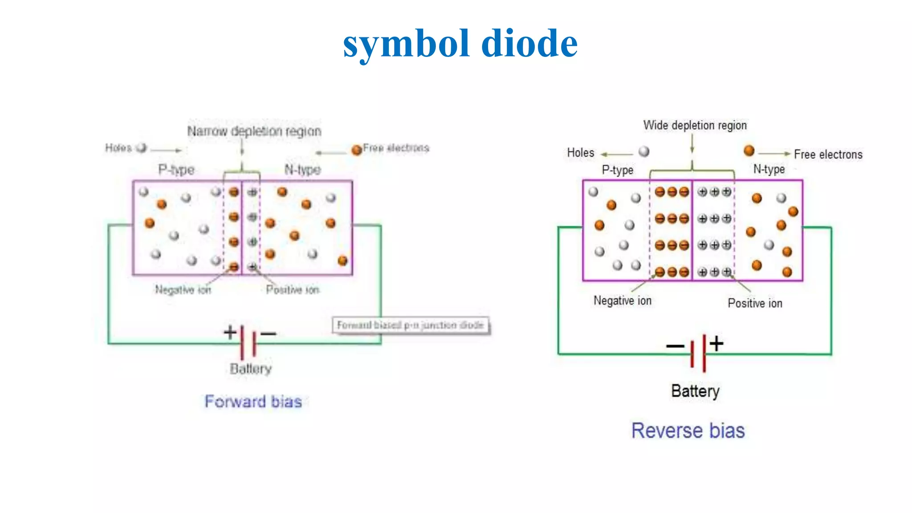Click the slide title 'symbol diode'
point(460,43)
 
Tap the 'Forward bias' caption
point(253,402)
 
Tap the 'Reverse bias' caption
point(688,431)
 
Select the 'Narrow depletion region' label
point(254,131)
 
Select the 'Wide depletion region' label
point(695,126)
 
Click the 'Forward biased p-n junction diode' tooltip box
point(410,325)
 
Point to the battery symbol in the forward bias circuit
point(248,342)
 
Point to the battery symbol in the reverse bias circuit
point(698,353)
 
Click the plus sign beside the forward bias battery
point(230,332)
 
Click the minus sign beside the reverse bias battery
point(675,346)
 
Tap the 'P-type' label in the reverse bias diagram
point(617,170)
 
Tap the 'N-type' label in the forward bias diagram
point(302,170)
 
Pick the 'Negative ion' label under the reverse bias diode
point(622,301)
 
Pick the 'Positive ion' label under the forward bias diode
point(293,290)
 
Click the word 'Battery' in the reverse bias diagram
point(695,391)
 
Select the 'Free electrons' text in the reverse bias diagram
point(828,155)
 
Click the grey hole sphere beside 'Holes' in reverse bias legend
point(644,152)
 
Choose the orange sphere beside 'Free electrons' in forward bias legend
point(356,150)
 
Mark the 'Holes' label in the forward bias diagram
point(118,148)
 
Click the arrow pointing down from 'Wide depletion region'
point(692,143)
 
